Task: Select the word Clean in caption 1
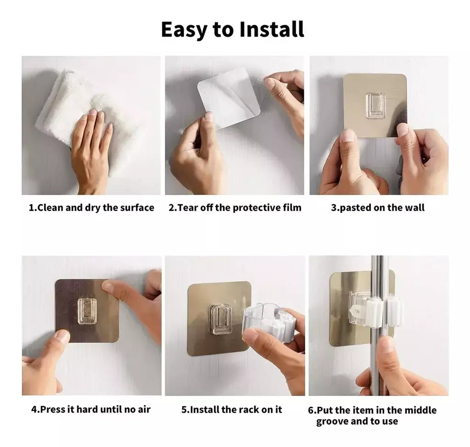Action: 50,207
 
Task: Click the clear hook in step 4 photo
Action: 87,311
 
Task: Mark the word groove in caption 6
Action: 332,421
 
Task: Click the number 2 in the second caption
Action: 171,207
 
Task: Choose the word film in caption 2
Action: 292,207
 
